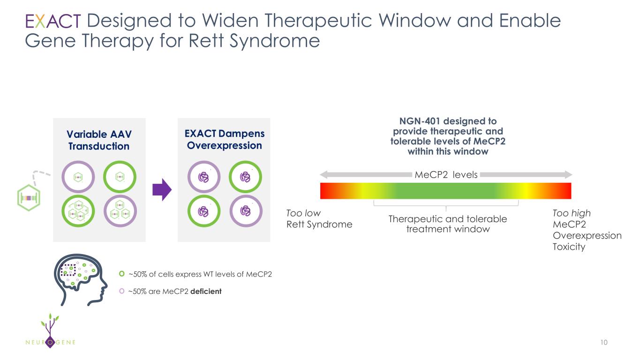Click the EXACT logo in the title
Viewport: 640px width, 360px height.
pyautogui.click(x=53, y=22)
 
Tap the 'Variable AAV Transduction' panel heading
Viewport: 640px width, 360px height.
pyautogui.click(x=99, y=140)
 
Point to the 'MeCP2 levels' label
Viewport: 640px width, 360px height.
pyautogui.click(x=446, y=175)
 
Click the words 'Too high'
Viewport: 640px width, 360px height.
pyautogui.click(x=572, y=214)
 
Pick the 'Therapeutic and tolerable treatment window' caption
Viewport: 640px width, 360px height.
pyautogui.click(x=448, y=224)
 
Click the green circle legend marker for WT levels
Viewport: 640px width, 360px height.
pyautogui.click(x=122, y=274)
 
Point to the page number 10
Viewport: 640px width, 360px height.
pyautogui.click(x=603, y=343)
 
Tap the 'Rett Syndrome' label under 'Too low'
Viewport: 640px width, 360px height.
pyautogui.click(x=319, y=225)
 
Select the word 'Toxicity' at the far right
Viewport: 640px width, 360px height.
pyautogui.click(x=569, y=247)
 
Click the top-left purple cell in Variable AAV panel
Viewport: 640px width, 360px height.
pyautogui.click(x=78, y=177)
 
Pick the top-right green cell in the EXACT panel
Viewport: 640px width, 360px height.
pyautogui.click(x=245, y=177)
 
